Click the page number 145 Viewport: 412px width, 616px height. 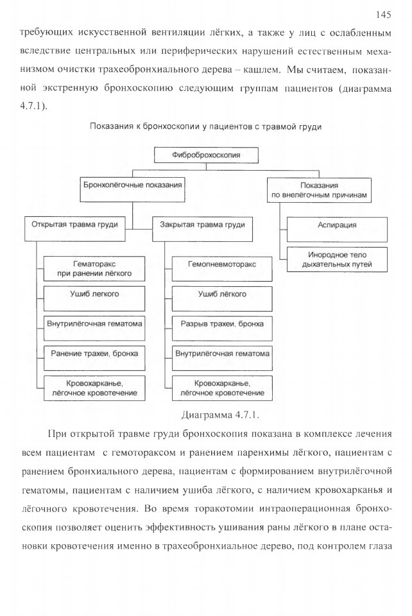pos(383,15)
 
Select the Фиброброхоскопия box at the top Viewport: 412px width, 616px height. pos(206,155)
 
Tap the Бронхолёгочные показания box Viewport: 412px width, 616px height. pos(132,190)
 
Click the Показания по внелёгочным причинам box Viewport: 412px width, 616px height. pos(320,190)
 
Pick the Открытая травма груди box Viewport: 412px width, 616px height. pos(74,229)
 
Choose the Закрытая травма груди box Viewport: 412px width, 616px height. pos(202,229)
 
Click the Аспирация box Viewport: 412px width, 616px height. pos(337,230)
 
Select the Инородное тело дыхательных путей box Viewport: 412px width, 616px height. pos(337,259)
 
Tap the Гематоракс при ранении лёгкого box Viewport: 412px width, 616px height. pos(94,269)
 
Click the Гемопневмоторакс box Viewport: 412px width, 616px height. pos(222,269)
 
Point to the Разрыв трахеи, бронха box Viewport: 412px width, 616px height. pos(222,329)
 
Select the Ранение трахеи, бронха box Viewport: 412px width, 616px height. pos(94,358)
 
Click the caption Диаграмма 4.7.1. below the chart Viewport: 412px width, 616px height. pos(220,415)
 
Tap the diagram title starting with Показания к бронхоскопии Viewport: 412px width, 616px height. pos(206,126)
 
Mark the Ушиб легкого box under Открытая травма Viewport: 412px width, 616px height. pos(94,298)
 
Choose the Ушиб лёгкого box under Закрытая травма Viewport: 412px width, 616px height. pos(222,298)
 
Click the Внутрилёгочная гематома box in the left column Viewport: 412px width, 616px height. pos(94,329)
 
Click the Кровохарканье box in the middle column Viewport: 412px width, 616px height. pos(222,388)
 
